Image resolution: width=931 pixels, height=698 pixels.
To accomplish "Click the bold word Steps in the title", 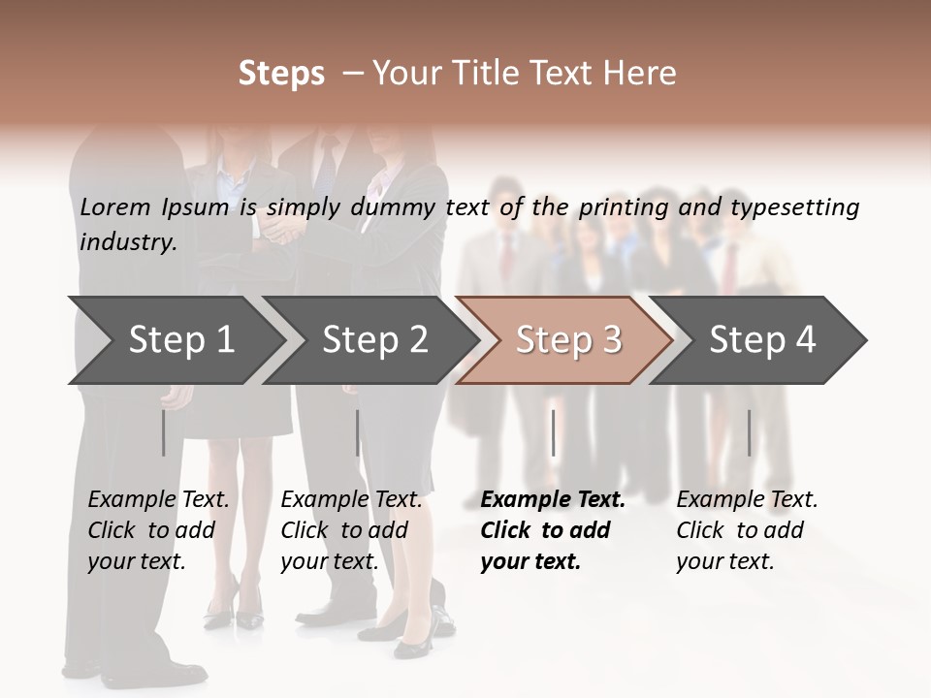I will [x=281, y=74].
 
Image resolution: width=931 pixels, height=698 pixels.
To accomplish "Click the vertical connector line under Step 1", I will [x=163, y=432].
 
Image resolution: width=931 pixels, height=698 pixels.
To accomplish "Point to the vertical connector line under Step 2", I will [x=358, y=432].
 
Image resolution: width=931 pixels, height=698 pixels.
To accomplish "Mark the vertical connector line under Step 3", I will [x=553, y=432].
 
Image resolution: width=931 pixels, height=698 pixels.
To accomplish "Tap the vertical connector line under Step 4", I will [x=749, y=432].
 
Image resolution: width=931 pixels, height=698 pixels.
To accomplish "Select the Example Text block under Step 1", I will [x=158, y=530].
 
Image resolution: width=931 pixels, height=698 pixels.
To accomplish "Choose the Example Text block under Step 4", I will [x=747, y=530].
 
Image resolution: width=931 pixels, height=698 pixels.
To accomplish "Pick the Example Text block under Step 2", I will [x=351, y=530].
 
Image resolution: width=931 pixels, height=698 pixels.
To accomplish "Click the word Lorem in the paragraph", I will [x=115, y=206].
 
